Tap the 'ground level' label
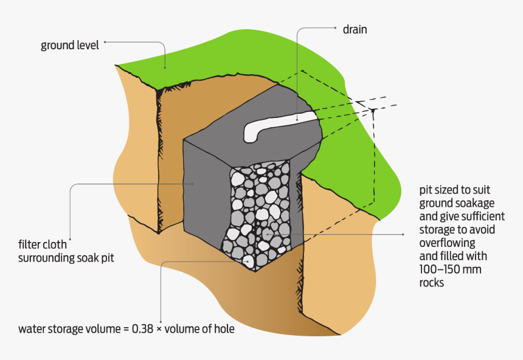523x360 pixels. (x=69, y=45)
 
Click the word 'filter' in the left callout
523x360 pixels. (x=30, y=246)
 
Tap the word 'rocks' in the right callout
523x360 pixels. (x=432, y=283)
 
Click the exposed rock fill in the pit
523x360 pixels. (x=258, y=210)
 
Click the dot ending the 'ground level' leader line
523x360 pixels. (x=105, y=42)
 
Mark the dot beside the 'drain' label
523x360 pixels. (x=335, y=27)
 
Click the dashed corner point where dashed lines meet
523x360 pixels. (x=372, y=111)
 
